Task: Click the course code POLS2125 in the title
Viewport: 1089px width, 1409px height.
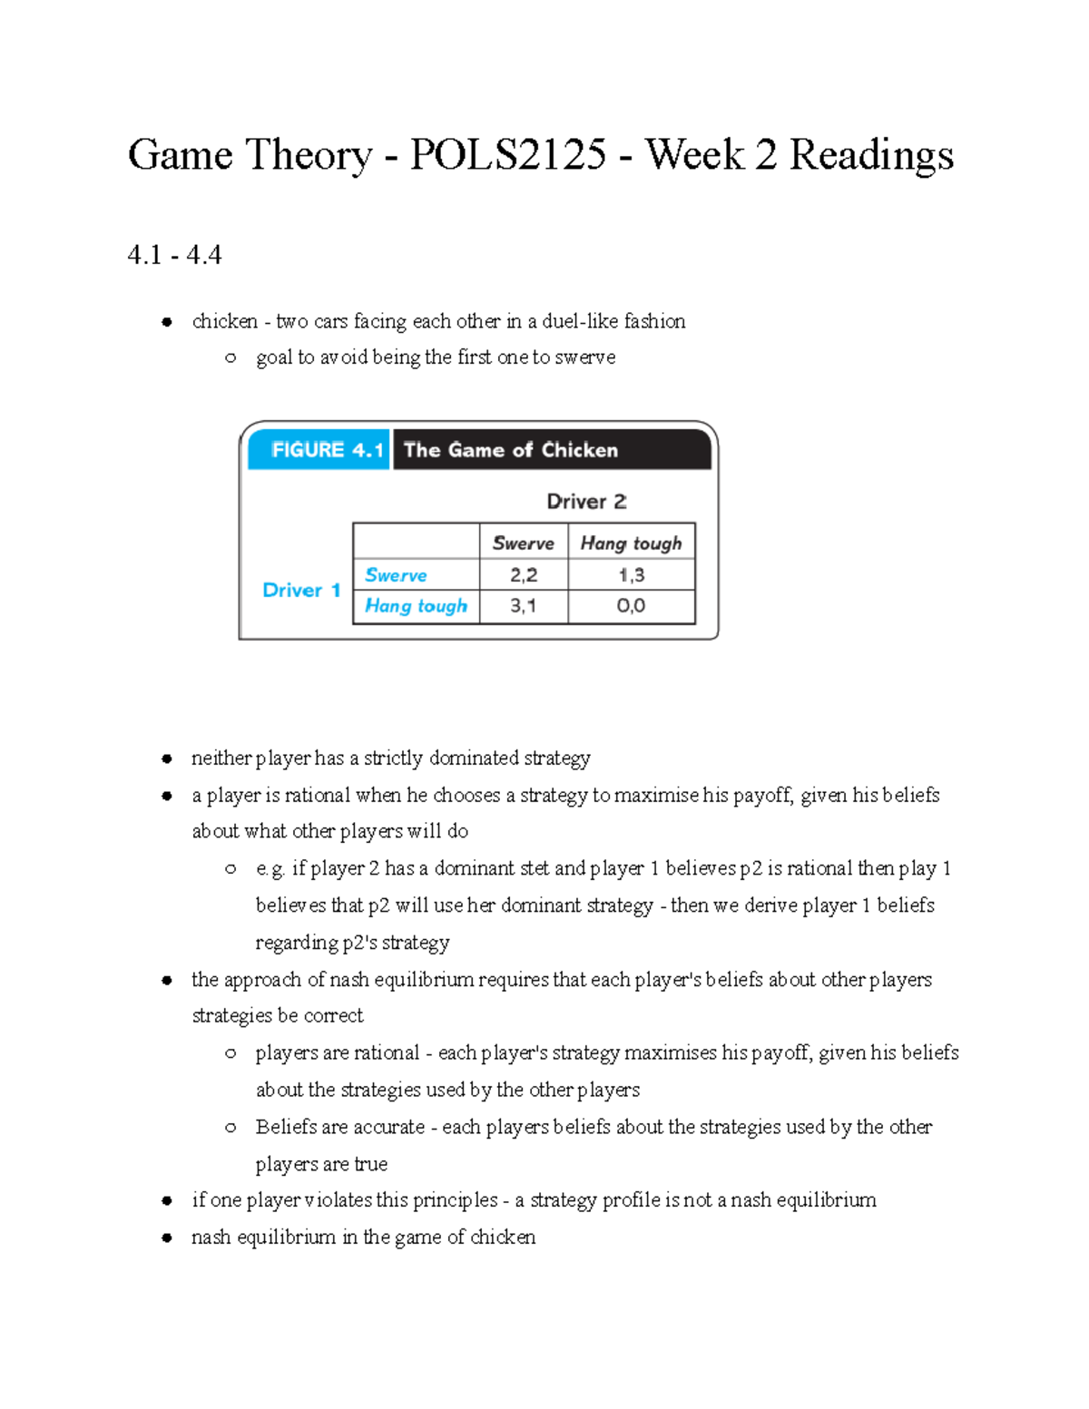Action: click(x=507, y=155)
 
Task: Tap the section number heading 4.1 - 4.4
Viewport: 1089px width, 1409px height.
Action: click(x=174, y=255)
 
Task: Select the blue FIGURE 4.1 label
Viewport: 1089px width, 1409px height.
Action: click(x=319, y=450)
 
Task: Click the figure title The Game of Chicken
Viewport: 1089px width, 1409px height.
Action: click(x=510, y=450)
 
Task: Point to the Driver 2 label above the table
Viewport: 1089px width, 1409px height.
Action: click(x=586, y=502)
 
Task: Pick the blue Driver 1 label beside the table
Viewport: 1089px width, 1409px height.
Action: click(x=300, y=590)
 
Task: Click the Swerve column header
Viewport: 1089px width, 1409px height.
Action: click(x=523, y=543)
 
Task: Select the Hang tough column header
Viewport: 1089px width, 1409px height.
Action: click(x=631, y=543)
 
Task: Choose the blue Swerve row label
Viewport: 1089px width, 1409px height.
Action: click(x=396, y=575)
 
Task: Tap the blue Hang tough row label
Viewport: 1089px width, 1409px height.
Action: click(x=416, y=606)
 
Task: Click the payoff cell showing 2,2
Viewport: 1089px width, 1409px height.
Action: click(x=523, y=575)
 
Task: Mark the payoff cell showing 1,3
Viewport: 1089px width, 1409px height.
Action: click(x=631, y=575)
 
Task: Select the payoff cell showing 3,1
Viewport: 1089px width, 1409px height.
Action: click(x=523, y=606)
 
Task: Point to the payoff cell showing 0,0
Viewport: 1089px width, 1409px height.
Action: click(x=631, y=606)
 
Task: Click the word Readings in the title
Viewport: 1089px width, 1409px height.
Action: click(x=871, y=155)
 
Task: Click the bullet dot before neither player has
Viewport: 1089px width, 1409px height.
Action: click(x=167, y=758)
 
